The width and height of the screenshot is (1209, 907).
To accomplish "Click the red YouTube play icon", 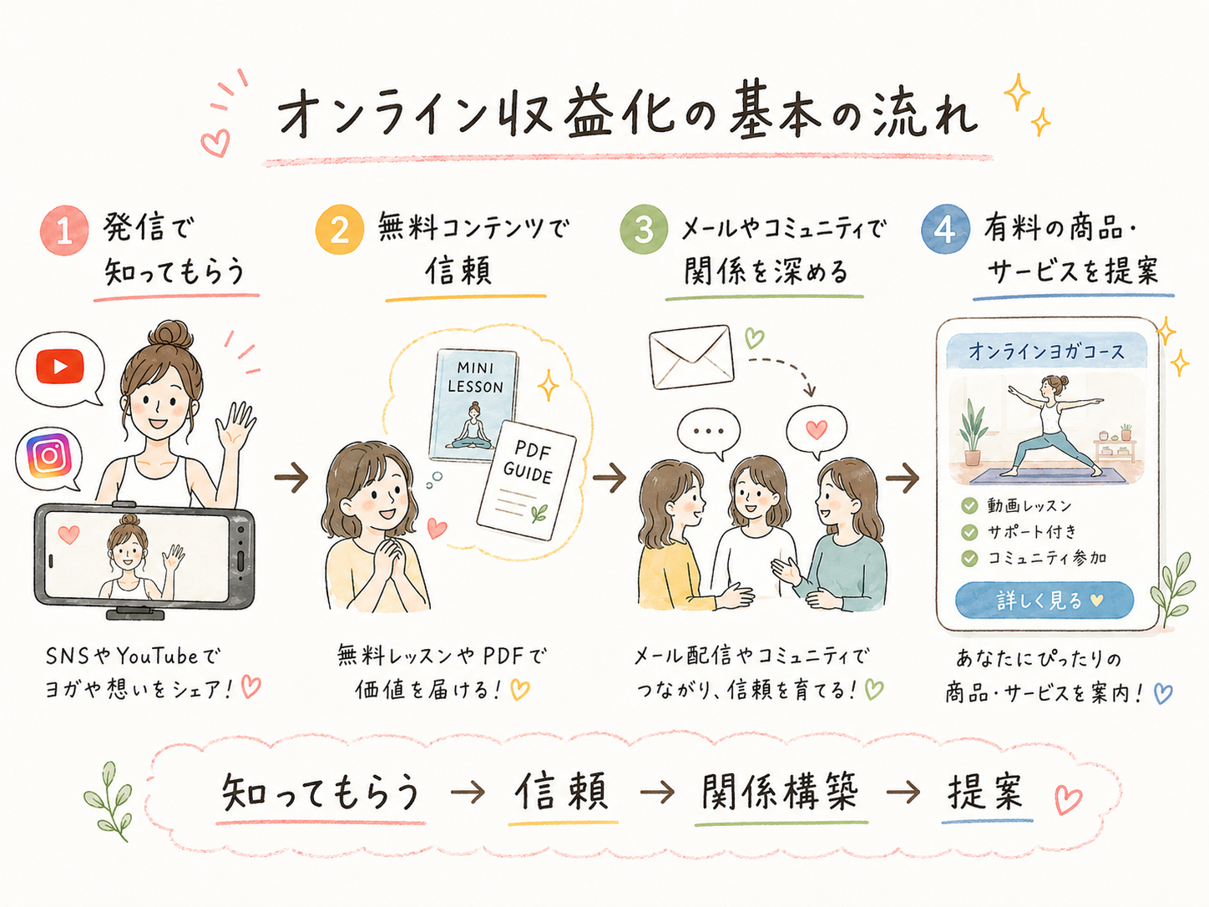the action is tap(60, 366).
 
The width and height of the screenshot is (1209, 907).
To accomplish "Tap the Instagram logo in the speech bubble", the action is tap(49, 455).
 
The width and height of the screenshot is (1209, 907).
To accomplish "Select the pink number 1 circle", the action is tap(64, 231).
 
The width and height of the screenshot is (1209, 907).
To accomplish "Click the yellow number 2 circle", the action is tap(340, 230).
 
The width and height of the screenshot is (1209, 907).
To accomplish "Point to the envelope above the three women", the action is tap(691, 357).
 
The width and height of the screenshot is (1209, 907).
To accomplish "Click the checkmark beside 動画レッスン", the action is tap(969, 505).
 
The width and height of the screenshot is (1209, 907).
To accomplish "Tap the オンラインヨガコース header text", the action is tap(1046, 352).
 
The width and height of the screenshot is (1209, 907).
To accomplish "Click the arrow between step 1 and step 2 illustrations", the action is tap(291, 477).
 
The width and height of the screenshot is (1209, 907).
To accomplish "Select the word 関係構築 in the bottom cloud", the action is tap(780, 793).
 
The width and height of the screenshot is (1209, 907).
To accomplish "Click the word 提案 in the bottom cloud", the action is tap(985, 792).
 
